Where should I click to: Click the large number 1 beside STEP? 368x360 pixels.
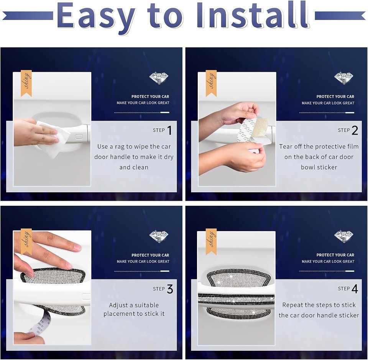point(169,130)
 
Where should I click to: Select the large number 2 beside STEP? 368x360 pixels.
point(355,130)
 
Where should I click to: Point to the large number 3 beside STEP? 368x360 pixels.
point(170,289)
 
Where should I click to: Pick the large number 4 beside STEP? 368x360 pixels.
point(355,289)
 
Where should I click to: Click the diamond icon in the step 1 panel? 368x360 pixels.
point(159,78)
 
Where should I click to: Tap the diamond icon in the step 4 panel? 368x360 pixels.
point(344,236)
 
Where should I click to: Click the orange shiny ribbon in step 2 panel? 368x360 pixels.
point(211,83)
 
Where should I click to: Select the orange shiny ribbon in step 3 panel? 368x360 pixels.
point(26,242)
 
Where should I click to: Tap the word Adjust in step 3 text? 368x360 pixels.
point(118,305)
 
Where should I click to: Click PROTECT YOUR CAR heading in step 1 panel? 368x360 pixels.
point(150,97)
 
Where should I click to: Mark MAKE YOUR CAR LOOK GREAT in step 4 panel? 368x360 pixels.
point(328,261)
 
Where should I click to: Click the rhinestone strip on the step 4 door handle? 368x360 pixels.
point(236,299)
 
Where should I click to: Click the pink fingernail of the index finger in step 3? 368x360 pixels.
point(77,247)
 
